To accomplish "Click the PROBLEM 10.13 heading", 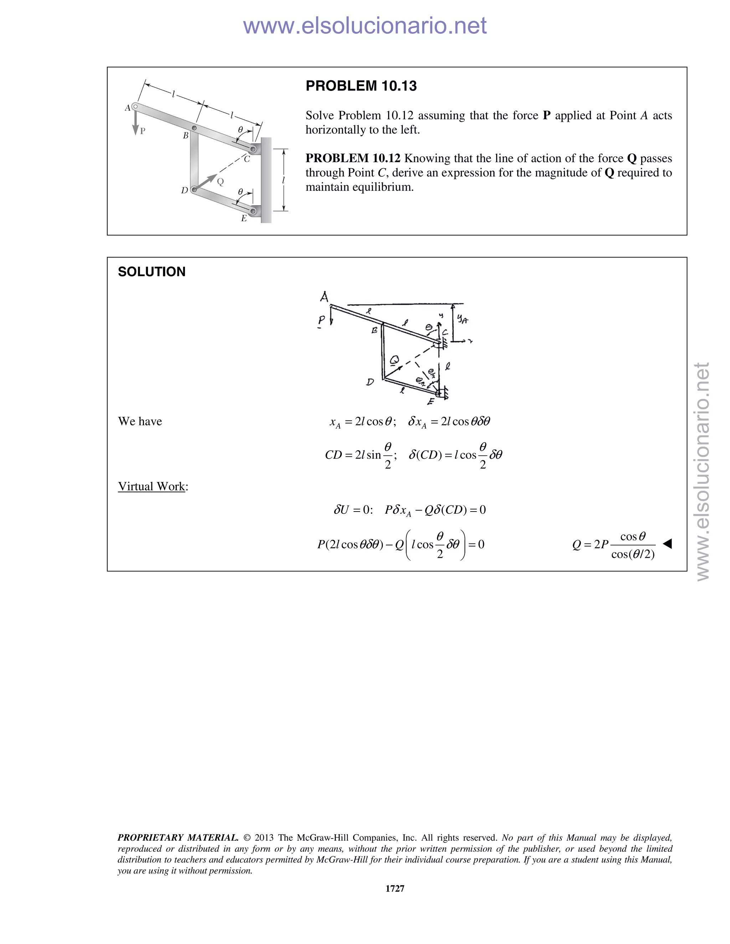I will [361, 86].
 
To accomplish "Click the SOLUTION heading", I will [151, 272].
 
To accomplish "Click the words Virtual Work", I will [151, 486].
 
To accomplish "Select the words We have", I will [140, 421].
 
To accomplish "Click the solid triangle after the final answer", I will [667, 544].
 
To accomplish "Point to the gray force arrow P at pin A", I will [135, 123].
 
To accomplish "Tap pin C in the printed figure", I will [253, 150].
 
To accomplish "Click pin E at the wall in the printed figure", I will [253, 211].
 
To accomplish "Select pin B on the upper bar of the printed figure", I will [194, 128].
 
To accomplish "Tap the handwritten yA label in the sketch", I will [462, 320].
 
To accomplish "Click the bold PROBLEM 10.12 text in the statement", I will [353, 158].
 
